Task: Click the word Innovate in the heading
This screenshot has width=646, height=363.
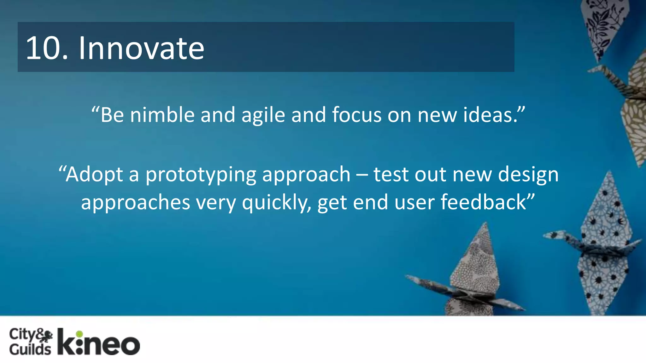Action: tap(141, 48)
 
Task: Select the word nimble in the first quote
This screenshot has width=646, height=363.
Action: tap(162, 115)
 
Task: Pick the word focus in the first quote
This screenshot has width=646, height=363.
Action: tap(357, 115)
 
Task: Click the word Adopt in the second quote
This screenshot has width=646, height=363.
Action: tap(94, 174)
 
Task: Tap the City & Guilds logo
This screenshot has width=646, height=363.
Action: tap(31, 342)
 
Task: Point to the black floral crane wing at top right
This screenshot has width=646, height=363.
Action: tap(601, 25)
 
